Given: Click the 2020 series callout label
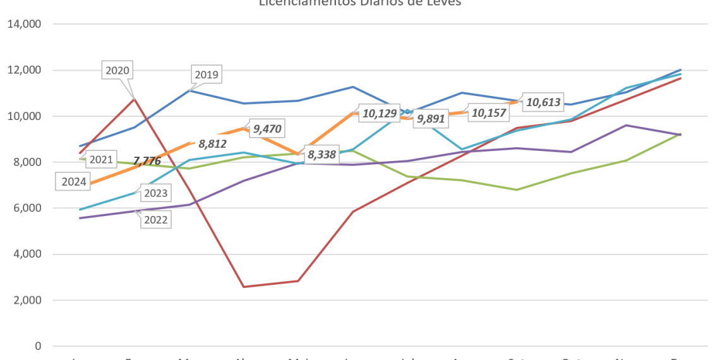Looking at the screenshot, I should pos(117,71).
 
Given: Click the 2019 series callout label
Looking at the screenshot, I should pos(207,75).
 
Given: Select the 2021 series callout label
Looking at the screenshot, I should pos(100,160).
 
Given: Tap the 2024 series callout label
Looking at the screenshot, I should pos(74,183).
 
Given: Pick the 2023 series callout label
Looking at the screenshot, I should pos(155,193).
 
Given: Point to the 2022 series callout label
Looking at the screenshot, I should pos(155,219).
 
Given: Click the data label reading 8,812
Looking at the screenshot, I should pos(212,143).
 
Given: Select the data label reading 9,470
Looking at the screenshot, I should pos(267,129).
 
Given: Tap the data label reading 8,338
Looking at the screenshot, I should pos(322,153).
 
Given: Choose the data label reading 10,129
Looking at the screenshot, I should pos(379,114).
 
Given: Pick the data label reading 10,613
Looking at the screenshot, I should pos(543,102).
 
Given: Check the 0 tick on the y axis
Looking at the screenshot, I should pos(39,346).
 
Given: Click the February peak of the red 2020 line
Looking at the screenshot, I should pos(133,99).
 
